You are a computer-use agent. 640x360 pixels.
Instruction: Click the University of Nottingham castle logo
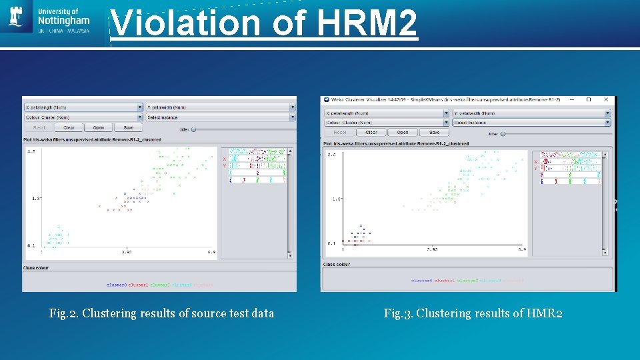coord(16,17)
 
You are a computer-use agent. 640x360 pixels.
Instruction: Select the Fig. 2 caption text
coord(161,313)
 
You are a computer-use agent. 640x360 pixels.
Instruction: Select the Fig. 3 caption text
coord(473,313)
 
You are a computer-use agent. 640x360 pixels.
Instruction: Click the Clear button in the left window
coord(69,127)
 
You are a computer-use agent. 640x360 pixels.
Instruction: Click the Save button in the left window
coord(128,127)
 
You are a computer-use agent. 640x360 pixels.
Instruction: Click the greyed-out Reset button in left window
coord(39,127)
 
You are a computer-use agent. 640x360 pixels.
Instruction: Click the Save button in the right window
coord(434,132)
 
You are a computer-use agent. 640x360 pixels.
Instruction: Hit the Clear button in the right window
coord(371,132)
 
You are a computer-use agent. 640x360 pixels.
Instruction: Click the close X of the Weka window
coord(606,99)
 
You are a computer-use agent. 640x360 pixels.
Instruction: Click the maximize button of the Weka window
coord(589,99)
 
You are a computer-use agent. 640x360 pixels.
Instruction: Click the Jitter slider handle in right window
coord(503,133)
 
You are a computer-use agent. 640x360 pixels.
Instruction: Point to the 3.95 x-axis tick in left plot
coord(126,252)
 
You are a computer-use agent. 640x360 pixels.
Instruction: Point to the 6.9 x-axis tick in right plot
coord(522,250)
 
